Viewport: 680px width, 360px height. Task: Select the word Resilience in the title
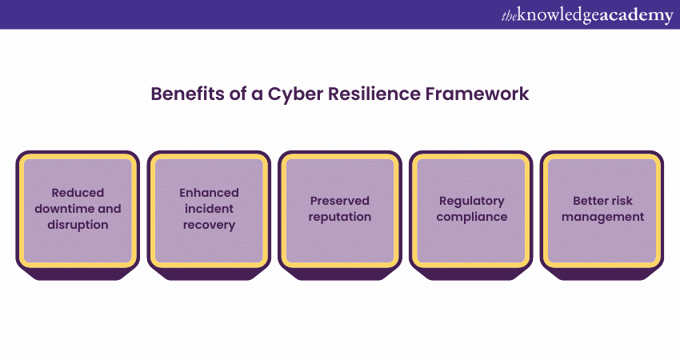click(x=374, y=94)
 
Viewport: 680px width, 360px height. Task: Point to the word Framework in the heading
click(x=477, y=94)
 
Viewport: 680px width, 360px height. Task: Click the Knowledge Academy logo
click(x=587, y=16)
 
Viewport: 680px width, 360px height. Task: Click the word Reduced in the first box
click(x=78, y=193)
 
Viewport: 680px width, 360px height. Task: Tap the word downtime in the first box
click(x=65, y=209)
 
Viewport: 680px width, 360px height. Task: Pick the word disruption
click(x=78, y=225)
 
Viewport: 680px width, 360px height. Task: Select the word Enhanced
click(x=209, y=193)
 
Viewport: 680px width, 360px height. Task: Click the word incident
click(x=209, y=209)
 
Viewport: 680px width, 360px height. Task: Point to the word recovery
click(x=209, y=225)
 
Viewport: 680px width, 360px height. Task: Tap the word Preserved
click(x=340, y=201)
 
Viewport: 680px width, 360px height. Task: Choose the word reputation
click(x=340, y=218)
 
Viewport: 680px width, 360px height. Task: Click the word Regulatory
click(x=472, y=202)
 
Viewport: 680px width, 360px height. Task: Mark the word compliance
click(x=472, y=218)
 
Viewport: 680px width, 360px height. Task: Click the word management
click(x=603, y=218)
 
